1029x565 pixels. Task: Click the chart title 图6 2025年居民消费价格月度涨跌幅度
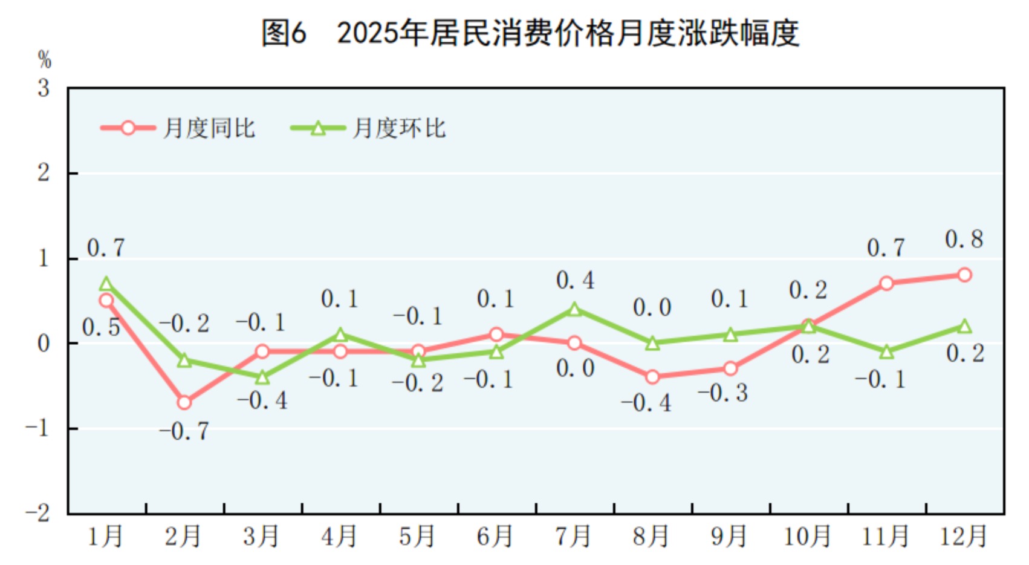point(530,33)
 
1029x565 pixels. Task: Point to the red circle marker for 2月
point(184,402)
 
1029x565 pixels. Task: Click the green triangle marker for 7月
point(574,310)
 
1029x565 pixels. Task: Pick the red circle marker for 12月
point(964,275)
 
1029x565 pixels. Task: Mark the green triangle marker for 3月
point(262,377)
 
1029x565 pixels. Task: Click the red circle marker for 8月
point(652,377)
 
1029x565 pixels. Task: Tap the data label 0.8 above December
point(964,240)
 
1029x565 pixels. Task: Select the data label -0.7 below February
point(184,431)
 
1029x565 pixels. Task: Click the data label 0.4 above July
point(574,280)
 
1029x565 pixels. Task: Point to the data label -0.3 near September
point(723,393)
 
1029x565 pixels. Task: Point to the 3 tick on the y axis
point(44,88)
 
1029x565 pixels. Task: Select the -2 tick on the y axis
point(37,514)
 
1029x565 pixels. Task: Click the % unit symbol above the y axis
point(44,60)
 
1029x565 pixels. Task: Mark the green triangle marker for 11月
point(886,351)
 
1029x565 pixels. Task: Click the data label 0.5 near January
point(101,328)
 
